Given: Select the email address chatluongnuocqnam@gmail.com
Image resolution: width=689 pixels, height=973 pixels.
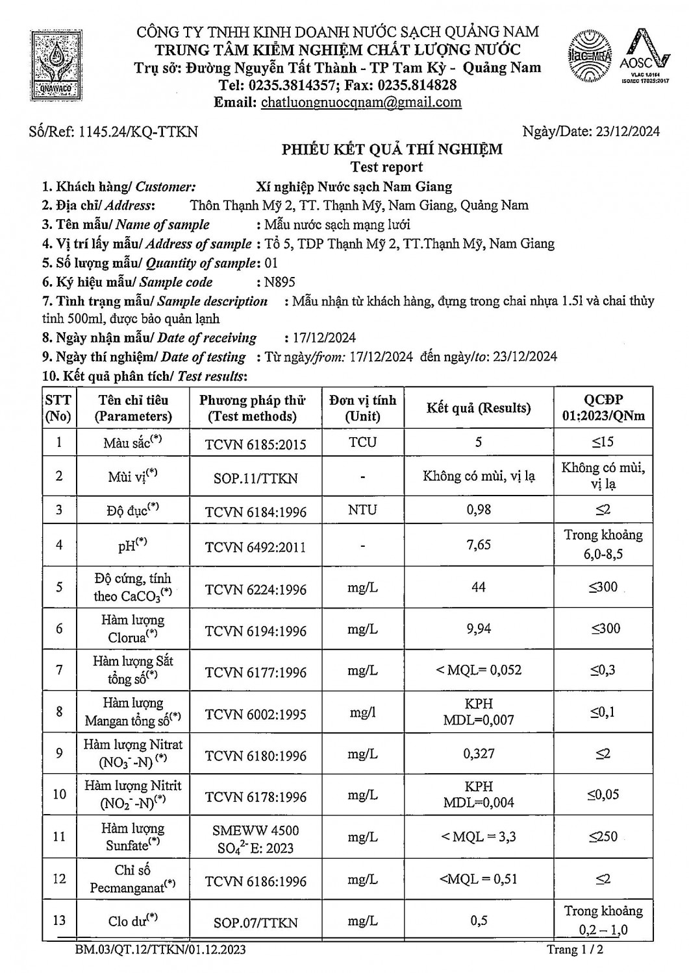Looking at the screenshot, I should pyautogui.click(x=361, y=102).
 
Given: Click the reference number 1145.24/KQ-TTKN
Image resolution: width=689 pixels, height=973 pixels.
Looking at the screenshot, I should pyautogui.click(x=138, y=132).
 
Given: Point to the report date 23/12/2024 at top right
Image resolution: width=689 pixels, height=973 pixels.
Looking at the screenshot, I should pyautogui.click(x=627, y=132).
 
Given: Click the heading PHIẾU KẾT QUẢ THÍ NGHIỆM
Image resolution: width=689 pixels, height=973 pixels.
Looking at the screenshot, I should pyautogui.click(x=392, y=150).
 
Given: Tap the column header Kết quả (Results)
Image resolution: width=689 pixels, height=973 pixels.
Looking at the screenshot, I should pyautogui.click(x=479, y=408).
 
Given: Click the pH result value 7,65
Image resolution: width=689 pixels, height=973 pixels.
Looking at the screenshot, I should pyautogui.click(x=479, y=545).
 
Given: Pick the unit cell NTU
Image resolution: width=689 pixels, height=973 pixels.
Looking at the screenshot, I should pyautogui.click(x=362, y=510).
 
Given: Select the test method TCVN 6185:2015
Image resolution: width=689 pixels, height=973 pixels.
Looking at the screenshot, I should pyautogui.click(x=255, y=444).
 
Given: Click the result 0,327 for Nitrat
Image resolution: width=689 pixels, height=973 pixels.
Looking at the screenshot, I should pyautogui.click(x=479, y=754).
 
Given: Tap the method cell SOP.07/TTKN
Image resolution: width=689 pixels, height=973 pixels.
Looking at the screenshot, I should pyautogui.click(x=255, y=922).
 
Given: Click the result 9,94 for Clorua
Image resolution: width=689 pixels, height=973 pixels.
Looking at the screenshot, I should pyautogui.click(x=479, y=629).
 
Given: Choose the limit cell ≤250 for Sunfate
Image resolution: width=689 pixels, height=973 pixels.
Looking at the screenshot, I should pyautogui.click(x=603, y=837).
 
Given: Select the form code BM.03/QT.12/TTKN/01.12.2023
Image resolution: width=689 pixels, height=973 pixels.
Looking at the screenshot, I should pyautogui.click(x=160, y=950).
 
